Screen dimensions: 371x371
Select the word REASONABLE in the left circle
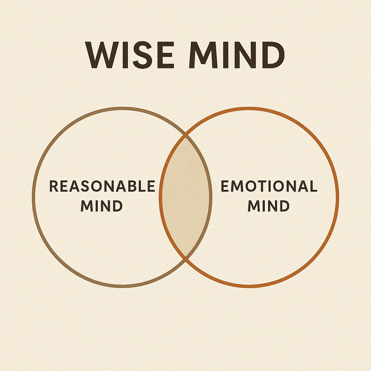pyautogui.click(x=102, y=187)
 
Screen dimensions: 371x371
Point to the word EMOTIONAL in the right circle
pyautogui.click(x=269, y=187)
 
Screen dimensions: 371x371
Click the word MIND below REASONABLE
pyautogui.click(x=101, y=206)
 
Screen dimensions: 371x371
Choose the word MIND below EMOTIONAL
pyautogui.click(x=268, y=206)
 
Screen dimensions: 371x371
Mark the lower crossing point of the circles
pyautogui.click(x=186, y=258)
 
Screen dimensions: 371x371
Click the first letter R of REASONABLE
pyautogui.click(x=53, y=187)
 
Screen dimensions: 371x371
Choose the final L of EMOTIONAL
pyautogui.click(x=313, y=187)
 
